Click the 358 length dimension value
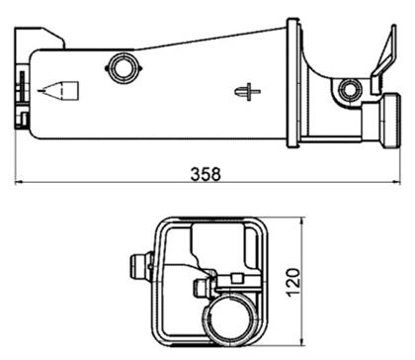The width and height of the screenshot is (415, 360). coord(206,172)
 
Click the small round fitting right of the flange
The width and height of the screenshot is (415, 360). coord(347,92)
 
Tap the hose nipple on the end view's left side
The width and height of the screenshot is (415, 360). coord(136,266)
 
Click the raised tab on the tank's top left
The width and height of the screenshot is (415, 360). coord(50,40)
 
